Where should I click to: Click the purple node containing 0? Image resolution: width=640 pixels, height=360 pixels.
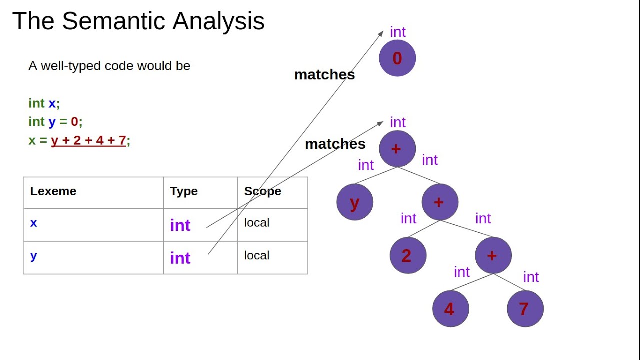[x=397, y=58]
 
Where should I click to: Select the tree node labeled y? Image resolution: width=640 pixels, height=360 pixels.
[x=355, y=202]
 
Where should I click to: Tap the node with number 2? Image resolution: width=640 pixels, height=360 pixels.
[x=408, y=255]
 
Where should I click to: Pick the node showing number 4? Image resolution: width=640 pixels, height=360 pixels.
[x=450, y=309]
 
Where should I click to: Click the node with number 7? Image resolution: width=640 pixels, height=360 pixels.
[x=525, y=309]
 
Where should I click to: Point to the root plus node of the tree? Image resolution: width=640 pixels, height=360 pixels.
[x=397, y=149]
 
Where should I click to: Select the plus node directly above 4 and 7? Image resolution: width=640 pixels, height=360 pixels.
[x=493, y=255]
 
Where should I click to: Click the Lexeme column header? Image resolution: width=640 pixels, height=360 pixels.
[x=53, y=191]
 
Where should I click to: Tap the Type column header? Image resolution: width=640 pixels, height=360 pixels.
[x=184, y=191]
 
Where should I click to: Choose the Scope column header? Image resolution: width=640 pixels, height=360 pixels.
[x=262, y=191]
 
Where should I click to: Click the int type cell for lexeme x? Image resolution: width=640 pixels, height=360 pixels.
[x=180, y=225]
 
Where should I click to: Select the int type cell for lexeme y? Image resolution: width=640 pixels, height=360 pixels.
[x=180, y=258]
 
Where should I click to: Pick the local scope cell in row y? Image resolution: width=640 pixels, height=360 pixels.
[x=257, y=255]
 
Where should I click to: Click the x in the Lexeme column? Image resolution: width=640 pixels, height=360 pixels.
[x=33, y=223]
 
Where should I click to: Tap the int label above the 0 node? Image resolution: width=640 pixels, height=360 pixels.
[x=398, y=32]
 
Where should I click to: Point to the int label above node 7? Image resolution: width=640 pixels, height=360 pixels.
[x=531, y=277]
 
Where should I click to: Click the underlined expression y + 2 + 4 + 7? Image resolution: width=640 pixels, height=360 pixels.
[x=88, y=141]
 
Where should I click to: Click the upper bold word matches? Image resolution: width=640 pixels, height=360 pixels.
[x=324, y=75]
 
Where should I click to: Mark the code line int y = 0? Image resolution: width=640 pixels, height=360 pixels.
[x=55, y=122]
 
